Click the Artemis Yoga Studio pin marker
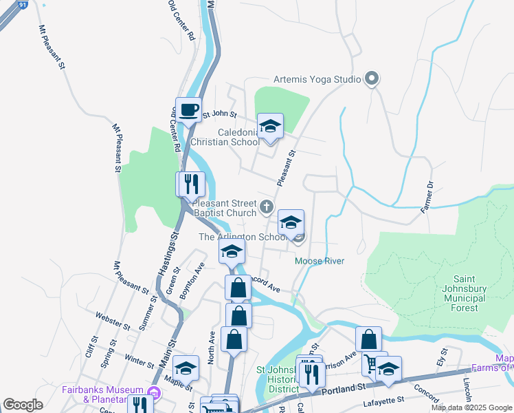point(372,79)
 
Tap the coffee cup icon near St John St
point(188,109)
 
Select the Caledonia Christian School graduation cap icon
point(270,127)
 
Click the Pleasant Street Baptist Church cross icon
point(267,206)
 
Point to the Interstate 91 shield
point(23,4)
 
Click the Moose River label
point(319,261)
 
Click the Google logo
point(23,405)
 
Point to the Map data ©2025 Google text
point(471,407)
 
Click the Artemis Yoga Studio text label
point(317,79)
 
